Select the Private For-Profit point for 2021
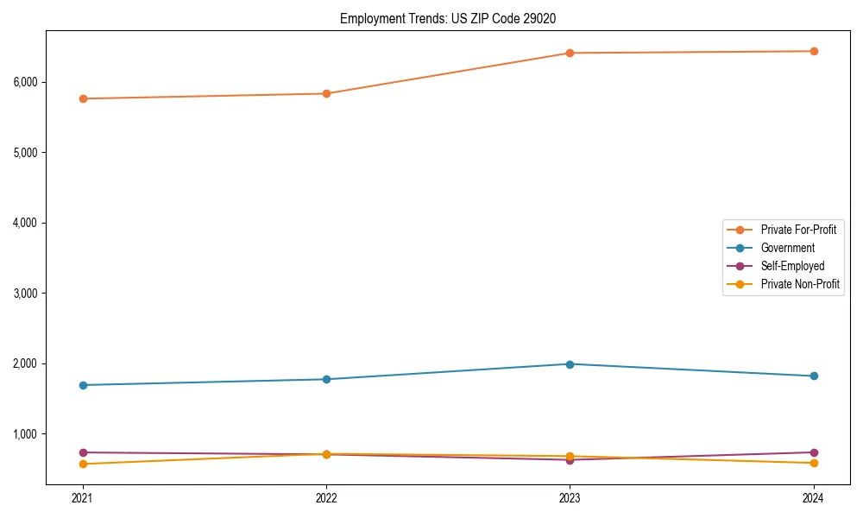tap(83, 98)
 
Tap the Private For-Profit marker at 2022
tap(326, 93)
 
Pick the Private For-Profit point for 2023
tap(570, 53)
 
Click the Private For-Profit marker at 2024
tap(813, 51)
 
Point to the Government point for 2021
tap(83, 385)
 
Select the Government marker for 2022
tap(326, 379)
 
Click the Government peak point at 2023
tap(570, 363)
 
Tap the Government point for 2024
tap(813, 376)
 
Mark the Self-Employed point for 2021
tap(83, 452)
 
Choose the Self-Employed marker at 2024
tap(813, 452)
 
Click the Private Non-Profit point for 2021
tap(83, 464)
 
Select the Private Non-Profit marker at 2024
tap(813, 463)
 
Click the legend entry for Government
tap(787, 248)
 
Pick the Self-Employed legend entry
tap(792, 266)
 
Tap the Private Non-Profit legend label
tap(800, 284)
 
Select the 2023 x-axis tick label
tap(570, 497)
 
